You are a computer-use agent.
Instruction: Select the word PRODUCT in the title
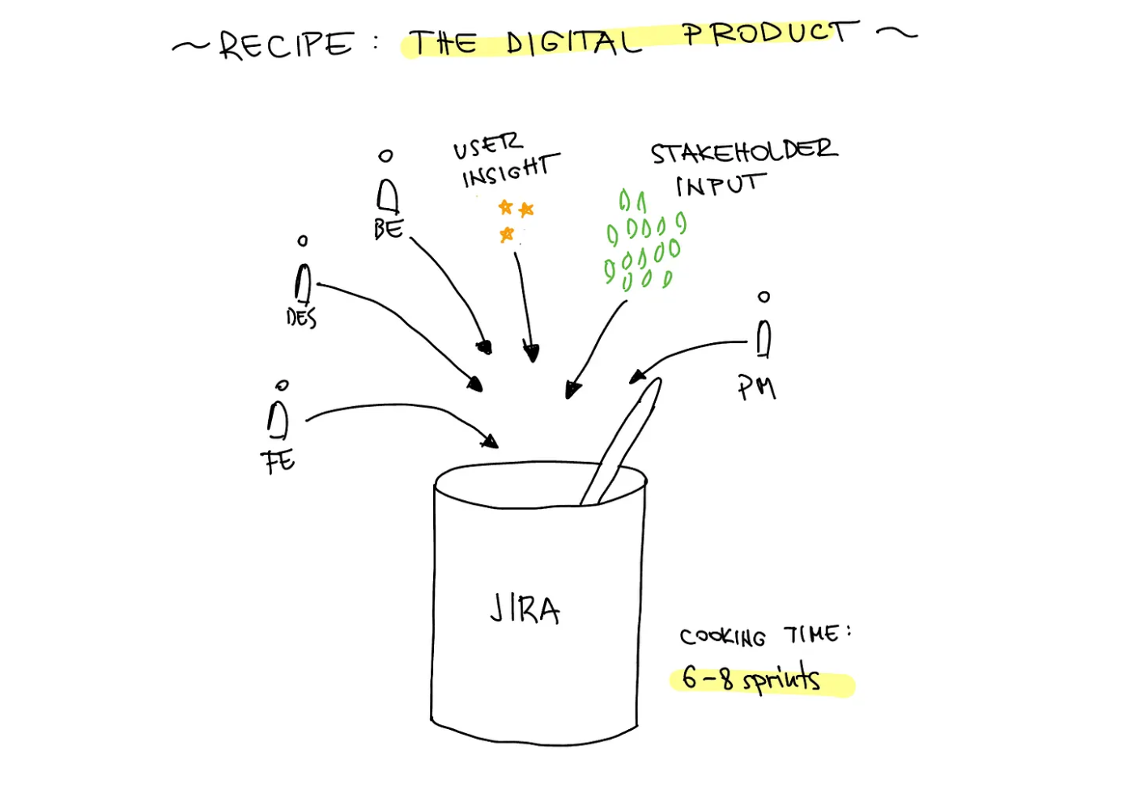click(x=768, y=33)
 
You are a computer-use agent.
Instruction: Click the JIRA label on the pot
click(x=525, y=609)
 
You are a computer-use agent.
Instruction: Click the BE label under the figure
click(x=389, y=229)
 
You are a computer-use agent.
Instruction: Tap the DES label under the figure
click(x=301, y=317)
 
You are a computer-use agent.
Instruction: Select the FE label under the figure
click(x=279, y=461)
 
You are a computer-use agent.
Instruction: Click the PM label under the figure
click(x=757, y=388)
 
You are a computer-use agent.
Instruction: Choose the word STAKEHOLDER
click(x=743, y=151)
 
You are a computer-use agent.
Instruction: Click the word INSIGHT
click(x=508, y=171)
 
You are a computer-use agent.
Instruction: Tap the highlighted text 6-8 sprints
click(x=751, y=678)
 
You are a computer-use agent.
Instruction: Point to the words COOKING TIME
click(x=765, y=635)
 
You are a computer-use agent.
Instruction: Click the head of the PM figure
click(x=763, y=297)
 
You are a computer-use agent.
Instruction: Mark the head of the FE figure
click(x=283, y=385)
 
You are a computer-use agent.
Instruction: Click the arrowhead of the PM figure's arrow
click(x=638, y=375)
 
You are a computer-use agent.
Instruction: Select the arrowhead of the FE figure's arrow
click(x=490, y=442)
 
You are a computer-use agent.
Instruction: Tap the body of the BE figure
click(x=388, y=195)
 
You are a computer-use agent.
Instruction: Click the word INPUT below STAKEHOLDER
click(x=719, y=185)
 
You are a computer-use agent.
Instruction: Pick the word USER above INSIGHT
click(x=487, y=146)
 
